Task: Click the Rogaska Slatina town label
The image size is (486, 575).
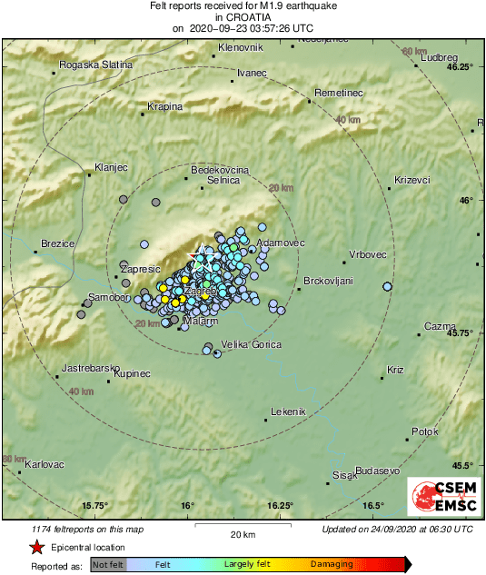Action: pyautogui.click(x=95, y=64)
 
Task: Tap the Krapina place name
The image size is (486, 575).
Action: pyautogui.click(x=165, y=106)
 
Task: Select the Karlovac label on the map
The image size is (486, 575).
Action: pyautogui.click(x=44, y=464)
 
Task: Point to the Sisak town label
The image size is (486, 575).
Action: pyautogui.click(x=342, y=475)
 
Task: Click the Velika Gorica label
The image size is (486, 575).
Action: pyautogui.click(x=252, y=344)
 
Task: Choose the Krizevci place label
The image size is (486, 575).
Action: pyautogui.click(x=411, y=180)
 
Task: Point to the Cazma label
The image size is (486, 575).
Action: pyautogui.click(x=441, y=326)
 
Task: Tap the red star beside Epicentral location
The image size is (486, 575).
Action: pyautogui.click(x=36, y=548)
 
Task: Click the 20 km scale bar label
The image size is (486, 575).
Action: pyautogui.click(x=242, y=534)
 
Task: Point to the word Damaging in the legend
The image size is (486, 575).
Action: pyautogui.click(x=332, y=564)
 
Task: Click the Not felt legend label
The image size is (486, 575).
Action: pyautogui.click(x=108, y=564)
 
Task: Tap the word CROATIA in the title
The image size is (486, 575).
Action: pyautogui.click(x=243, y=17)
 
